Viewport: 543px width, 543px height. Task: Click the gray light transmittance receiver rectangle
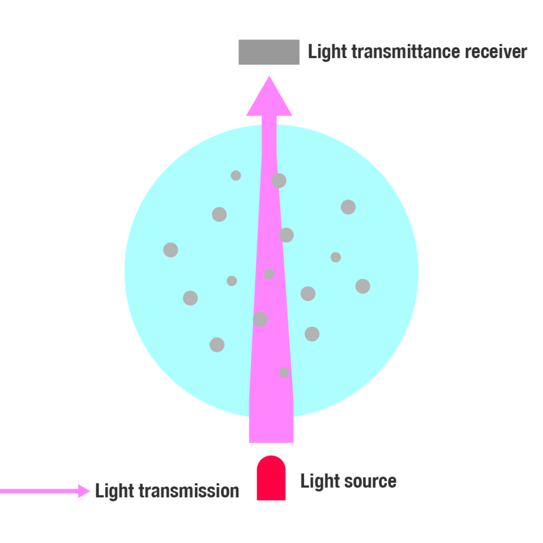(x=269, y=52)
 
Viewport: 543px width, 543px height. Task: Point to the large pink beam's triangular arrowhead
(x=269, y=100)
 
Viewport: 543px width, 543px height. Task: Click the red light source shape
(x=271, y=480)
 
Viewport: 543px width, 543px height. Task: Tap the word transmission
(x=189, y=491)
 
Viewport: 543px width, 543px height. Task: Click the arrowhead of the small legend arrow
(x=84, y=491)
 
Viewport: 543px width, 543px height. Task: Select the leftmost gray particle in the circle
(x=171, y=250)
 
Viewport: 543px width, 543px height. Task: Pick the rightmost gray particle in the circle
(x=362, y=286)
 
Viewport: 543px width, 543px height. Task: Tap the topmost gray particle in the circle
(x=236, y=176)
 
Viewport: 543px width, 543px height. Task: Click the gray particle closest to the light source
(x=284, y=372)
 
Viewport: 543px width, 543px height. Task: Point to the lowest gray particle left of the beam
(x=217, y=345)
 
